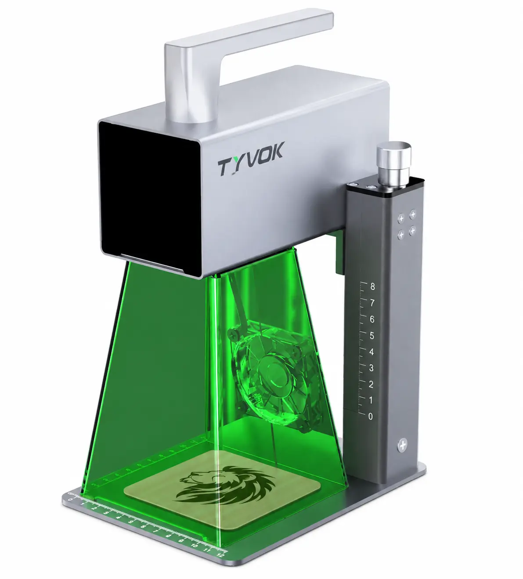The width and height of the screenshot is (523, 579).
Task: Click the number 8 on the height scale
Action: (x=372, y=286)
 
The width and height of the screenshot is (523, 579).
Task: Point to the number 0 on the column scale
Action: (x=371, y=416)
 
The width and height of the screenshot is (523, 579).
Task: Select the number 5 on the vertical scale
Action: (x=372, y=336)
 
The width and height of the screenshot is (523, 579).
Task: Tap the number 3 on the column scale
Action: (x=372, y=368)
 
